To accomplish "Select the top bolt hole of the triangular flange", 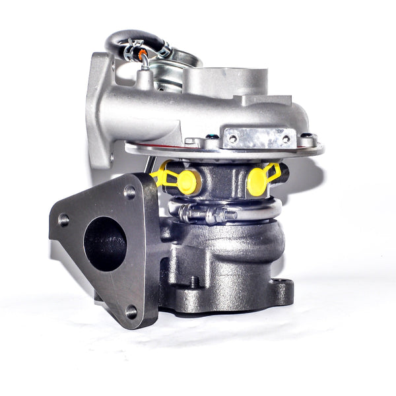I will (129, 192).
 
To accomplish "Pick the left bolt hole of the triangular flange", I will (63, 220).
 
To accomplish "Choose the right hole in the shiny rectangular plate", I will (286, 139).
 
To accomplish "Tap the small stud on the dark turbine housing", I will (193, 282).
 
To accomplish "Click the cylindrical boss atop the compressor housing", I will (224, 82).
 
